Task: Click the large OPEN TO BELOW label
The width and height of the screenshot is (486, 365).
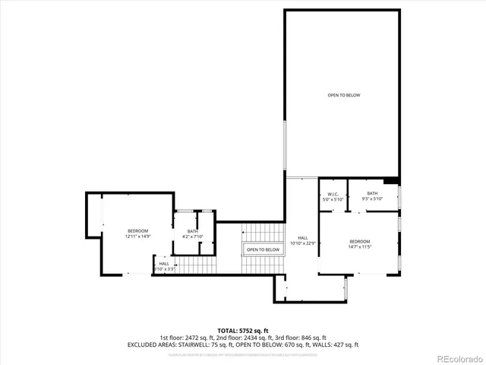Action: [x=343, y=95]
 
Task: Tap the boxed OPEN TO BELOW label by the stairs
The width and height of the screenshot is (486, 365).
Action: [x=263, y=249]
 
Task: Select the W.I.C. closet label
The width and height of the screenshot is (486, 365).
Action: [x=333, y=194]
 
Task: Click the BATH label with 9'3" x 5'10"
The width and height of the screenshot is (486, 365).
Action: [x=372, y=193]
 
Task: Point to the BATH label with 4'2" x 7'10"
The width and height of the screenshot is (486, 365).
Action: [x=193, y=232]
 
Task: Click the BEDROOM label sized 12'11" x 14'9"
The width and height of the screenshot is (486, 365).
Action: [x=137, y=230]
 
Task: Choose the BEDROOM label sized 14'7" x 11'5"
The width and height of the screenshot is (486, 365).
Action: [x=359, y=241]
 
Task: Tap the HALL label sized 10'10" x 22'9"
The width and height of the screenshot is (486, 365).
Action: [x=303, y=238]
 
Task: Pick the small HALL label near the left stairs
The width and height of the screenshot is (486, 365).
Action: [x=164, y=263]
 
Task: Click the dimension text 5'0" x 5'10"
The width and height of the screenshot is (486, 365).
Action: [x=333, y=199]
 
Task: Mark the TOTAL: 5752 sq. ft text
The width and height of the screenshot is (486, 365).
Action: [x=243, y=330]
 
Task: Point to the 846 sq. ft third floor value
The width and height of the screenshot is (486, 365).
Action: [x=310, y=338]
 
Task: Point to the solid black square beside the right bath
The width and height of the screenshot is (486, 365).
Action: [x=391, y=181]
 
